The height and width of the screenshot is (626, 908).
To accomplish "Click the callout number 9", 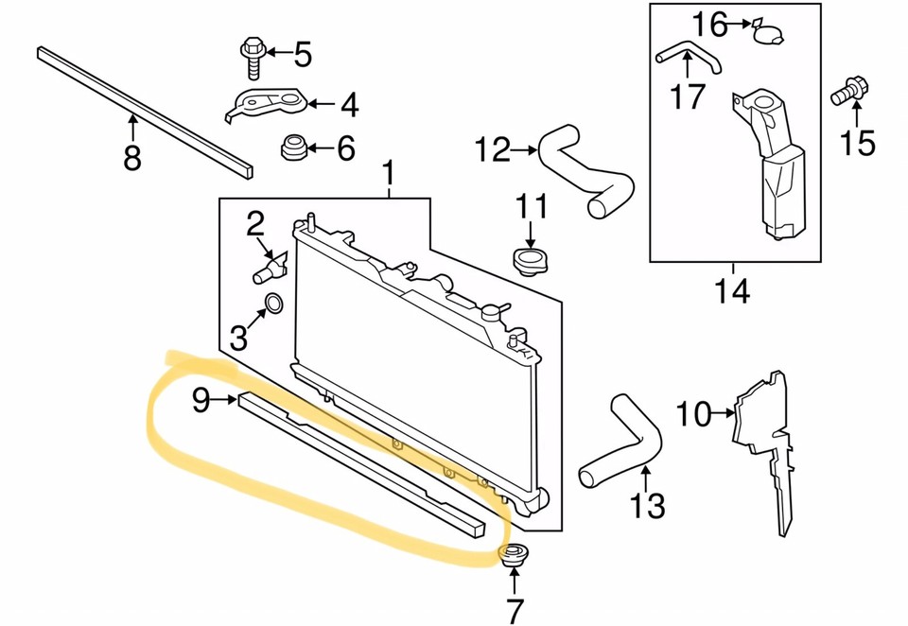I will coord(201,400).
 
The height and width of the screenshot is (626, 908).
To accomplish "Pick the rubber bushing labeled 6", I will coord(294,148).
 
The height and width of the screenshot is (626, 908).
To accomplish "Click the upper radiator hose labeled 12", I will coord(586,170).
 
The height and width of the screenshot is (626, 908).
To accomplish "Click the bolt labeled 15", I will coord(847,94).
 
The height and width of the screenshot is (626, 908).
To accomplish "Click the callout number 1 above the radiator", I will coord(388,174).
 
